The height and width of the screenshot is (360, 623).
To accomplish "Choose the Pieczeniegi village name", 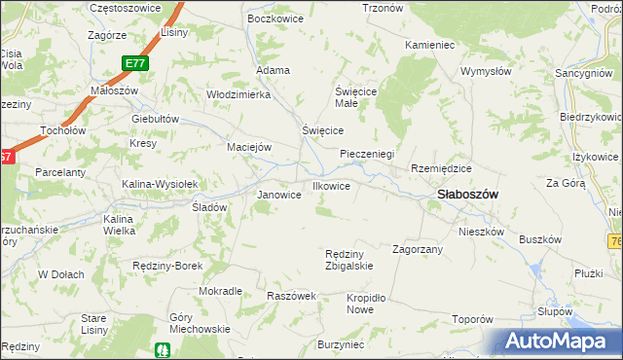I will point(366,154).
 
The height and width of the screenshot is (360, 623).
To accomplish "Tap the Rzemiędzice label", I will point(441,167).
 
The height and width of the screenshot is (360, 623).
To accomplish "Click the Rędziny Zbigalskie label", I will point(348,260).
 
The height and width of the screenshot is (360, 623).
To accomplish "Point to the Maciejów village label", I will point(248,147).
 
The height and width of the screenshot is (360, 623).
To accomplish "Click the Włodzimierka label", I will point(238,93).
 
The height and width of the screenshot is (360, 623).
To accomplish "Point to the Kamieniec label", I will point(428,45).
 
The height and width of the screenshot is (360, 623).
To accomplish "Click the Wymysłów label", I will point(486,71).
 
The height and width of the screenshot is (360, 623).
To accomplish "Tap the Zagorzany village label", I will point(418,249).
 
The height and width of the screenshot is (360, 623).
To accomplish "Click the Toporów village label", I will point(474,319).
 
